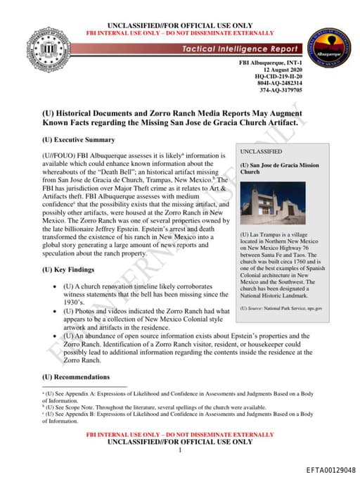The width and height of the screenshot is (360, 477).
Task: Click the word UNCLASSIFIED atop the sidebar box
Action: click(x=262, y=151)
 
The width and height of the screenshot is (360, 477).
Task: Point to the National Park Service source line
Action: click(x=281, y=308)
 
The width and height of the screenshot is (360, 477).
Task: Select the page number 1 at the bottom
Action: click(x=180, y=450)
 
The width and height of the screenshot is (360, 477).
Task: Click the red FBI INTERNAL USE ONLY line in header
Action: click(x=180, y=33)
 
